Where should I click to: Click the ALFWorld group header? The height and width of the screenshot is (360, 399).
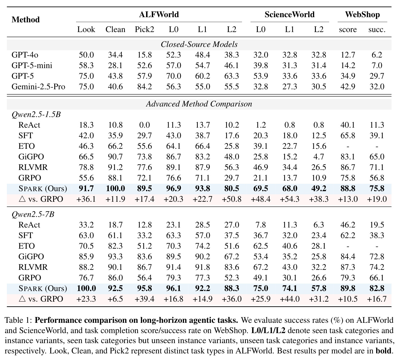[x=159, y=15]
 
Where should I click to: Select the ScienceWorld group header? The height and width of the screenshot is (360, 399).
[x=290, y=15]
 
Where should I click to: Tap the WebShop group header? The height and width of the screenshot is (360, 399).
[x=362, y=15]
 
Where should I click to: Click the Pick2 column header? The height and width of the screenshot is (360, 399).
[x=144, y=29]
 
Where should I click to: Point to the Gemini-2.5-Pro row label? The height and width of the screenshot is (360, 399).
[x=38, y=87]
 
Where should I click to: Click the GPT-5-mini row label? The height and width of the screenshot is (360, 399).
[x=32, y=66]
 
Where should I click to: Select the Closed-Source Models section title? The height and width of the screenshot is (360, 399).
[x=199, y=44]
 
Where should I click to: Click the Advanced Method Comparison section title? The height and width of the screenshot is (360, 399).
[x=199, y=104]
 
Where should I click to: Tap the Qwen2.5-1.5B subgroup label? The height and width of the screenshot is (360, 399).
[x=36, y=114]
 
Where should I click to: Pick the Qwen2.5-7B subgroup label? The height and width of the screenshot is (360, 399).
[x=33, y=214]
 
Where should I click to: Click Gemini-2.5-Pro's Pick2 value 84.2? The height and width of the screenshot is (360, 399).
[x=144, y=87]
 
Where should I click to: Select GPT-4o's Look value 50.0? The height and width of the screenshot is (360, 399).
[x=86, y=55]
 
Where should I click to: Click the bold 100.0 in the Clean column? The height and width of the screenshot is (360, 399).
[x=115, y=189]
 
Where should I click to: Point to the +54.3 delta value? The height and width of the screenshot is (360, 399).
[x=290, y=199]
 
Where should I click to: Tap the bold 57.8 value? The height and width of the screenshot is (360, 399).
[x=319, y=288]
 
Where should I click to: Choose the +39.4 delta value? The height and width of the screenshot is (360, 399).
[x=144, y=299]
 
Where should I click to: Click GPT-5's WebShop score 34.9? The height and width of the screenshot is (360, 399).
[x=348, y=76]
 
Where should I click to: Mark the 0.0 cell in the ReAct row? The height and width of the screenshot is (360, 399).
[x=144, y=125]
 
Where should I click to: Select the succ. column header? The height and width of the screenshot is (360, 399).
[x=377, y=29]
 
